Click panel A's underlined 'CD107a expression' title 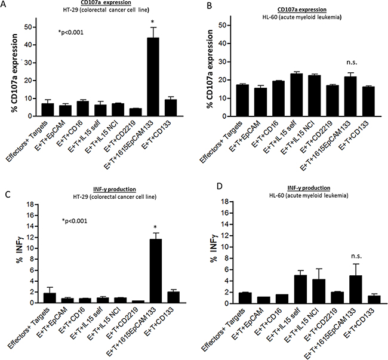point(87,6)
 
